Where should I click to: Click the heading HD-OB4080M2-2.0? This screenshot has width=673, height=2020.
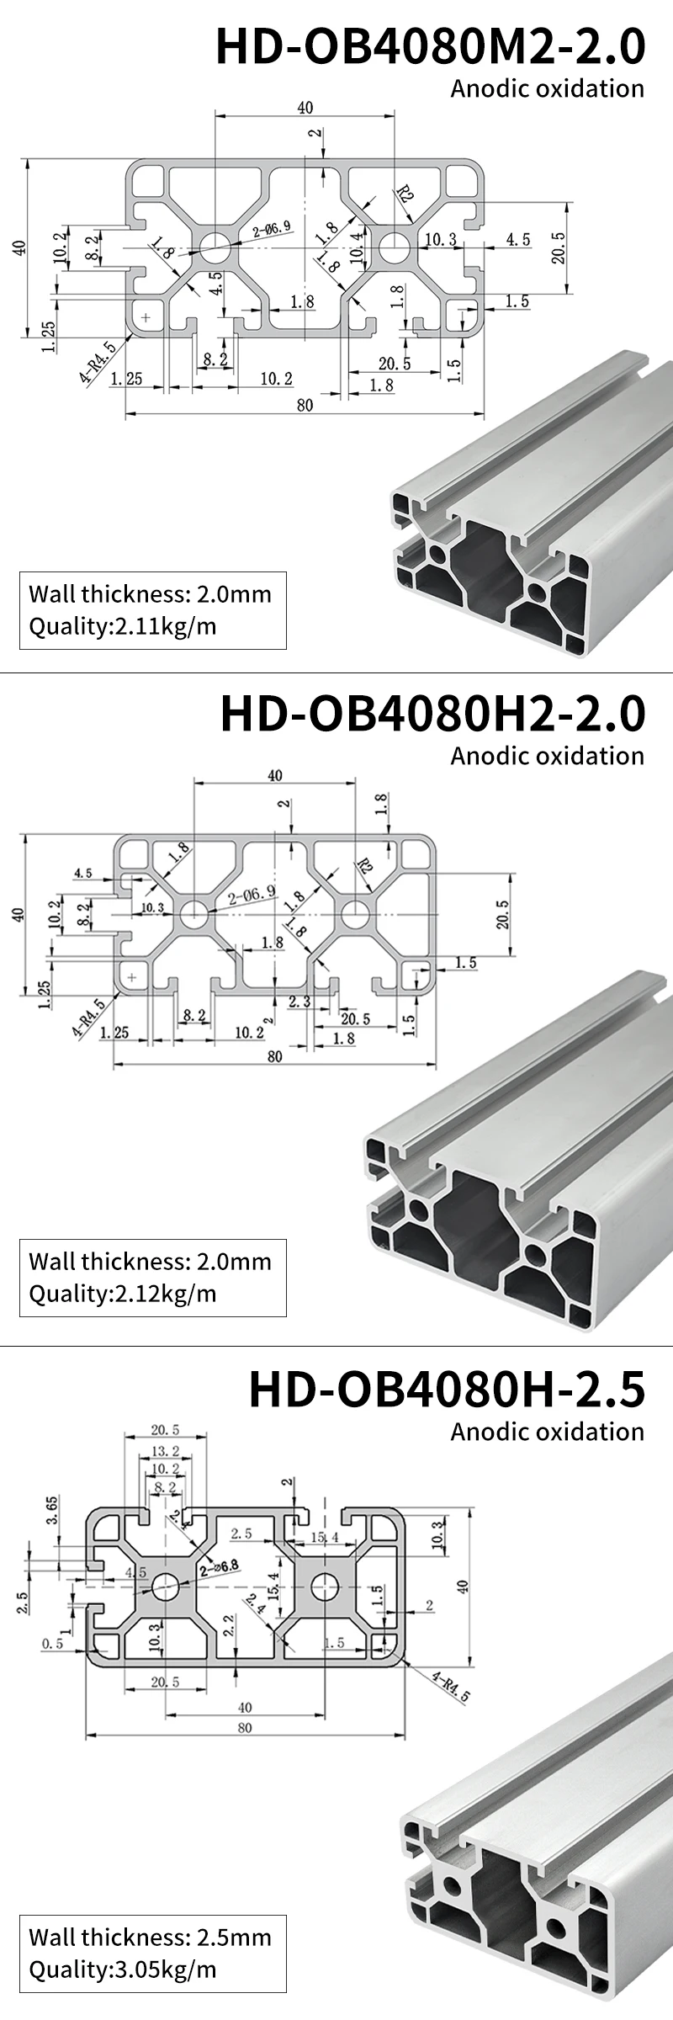click(431, 46)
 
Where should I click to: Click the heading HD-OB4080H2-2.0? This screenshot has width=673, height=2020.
click(432, 714)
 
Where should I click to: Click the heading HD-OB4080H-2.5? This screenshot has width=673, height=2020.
click(447, 1390)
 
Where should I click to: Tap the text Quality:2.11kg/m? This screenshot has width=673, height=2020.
click(123, 627)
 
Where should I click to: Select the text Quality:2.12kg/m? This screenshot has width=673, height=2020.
click(123, 1294)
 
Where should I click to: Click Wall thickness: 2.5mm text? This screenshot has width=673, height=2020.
click(150, 1937)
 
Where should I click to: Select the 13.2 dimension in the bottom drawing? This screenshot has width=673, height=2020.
click(165, 1450)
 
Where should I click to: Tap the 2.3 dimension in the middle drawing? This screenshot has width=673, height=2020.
click(299, 1002)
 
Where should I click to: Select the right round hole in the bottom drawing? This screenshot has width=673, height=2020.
click(324, 1587)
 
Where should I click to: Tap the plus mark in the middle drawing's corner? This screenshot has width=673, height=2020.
click(132, 977)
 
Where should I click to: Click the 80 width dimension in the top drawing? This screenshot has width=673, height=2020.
click(305, 406)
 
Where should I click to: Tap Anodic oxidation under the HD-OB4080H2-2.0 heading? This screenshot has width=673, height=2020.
click(547, 755)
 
